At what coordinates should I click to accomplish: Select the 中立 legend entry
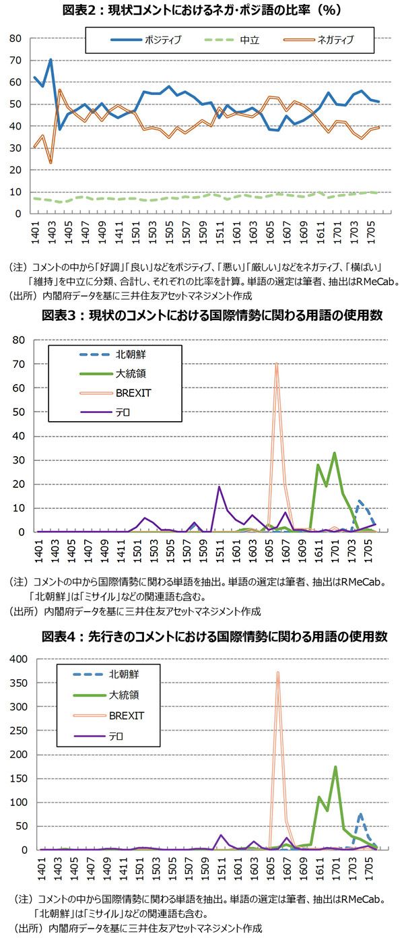coord(251,40)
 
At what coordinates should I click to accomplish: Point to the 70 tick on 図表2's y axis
coord(15,61)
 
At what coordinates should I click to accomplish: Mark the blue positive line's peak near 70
coord(50,60)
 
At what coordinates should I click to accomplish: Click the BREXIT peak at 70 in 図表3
coord(276,364)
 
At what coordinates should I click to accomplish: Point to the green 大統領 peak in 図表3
coord(335,453)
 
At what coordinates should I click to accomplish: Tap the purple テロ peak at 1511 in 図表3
coord(219,487)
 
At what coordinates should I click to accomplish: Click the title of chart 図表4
coord(202,636)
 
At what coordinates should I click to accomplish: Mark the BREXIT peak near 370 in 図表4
coord(277,672)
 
